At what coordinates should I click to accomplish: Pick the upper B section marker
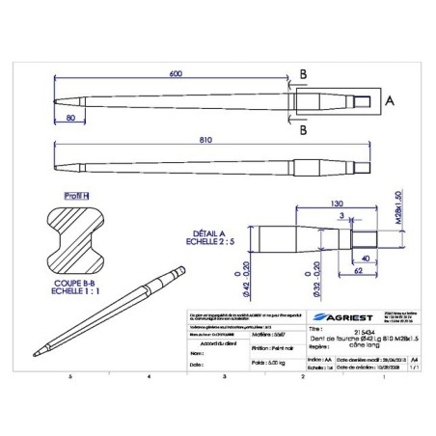point(303,73)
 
